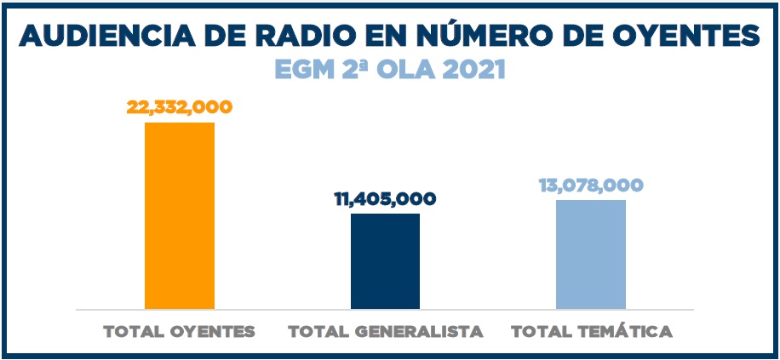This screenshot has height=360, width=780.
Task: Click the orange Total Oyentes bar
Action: pyautogui.click(x=180, y=215)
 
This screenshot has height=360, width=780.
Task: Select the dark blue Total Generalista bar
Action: pyautogui.click(x=385, y=260)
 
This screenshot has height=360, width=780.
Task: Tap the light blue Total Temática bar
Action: pyautogui.click(x=590, y=254)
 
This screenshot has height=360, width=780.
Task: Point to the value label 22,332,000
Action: pyautogui.click(x=180, y=107)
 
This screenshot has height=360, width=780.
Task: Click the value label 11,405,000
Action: pyautogui.click(x=385, y=199)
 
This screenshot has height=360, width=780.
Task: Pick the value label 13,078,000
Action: pyautogui.click(x=590, y=186)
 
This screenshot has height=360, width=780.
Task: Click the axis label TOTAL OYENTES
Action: pyautogui.click(x=180, y=332)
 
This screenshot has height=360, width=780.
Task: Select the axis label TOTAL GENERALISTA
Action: pyautogui.click(x=386, y=332)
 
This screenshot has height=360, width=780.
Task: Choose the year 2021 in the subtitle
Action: pyautogui.click(x=472, y=69)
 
